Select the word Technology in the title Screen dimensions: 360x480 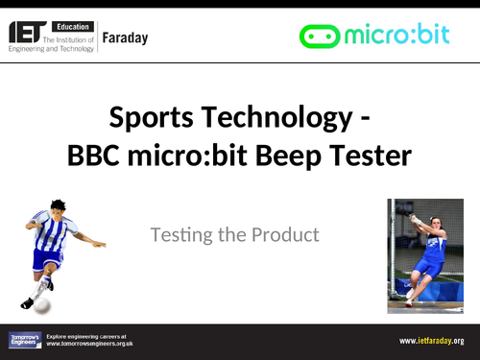[270, 120]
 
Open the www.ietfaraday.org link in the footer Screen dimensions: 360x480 [431, 340]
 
